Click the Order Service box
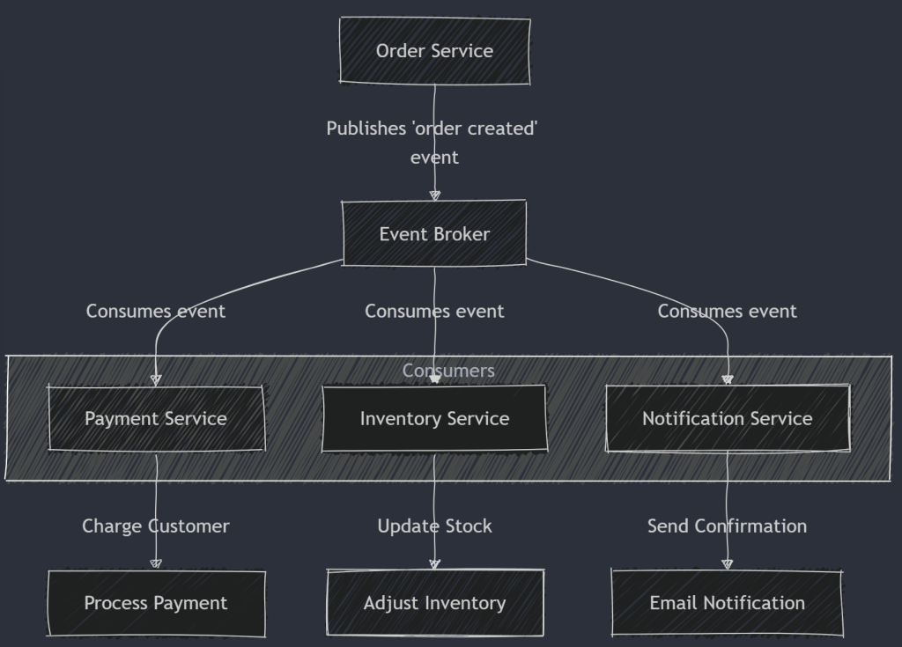[x=434, y=51]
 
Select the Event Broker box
[x=434, y=234]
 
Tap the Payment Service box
[x=156, y=419]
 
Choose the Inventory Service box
[x=434, y=419]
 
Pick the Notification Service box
[x=728, y=419]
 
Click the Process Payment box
[x=156, y=603]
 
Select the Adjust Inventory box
[x=434, y=603]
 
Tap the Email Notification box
[x=728, y=603]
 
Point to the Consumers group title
[x=448, y=371]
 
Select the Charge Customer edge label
[x=156, y=526]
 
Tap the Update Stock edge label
[x=434, y=526]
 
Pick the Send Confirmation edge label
[x=728, y=526]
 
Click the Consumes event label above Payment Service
[x=156, y=312]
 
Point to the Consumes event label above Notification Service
[x=728, y=312]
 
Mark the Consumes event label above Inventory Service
[x=434, y=312]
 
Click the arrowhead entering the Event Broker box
[x=434, y=195]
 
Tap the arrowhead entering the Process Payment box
[x=156, y=563]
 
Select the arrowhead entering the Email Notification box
[x=728, y=563]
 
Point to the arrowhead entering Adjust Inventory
[x=434, y=563]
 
